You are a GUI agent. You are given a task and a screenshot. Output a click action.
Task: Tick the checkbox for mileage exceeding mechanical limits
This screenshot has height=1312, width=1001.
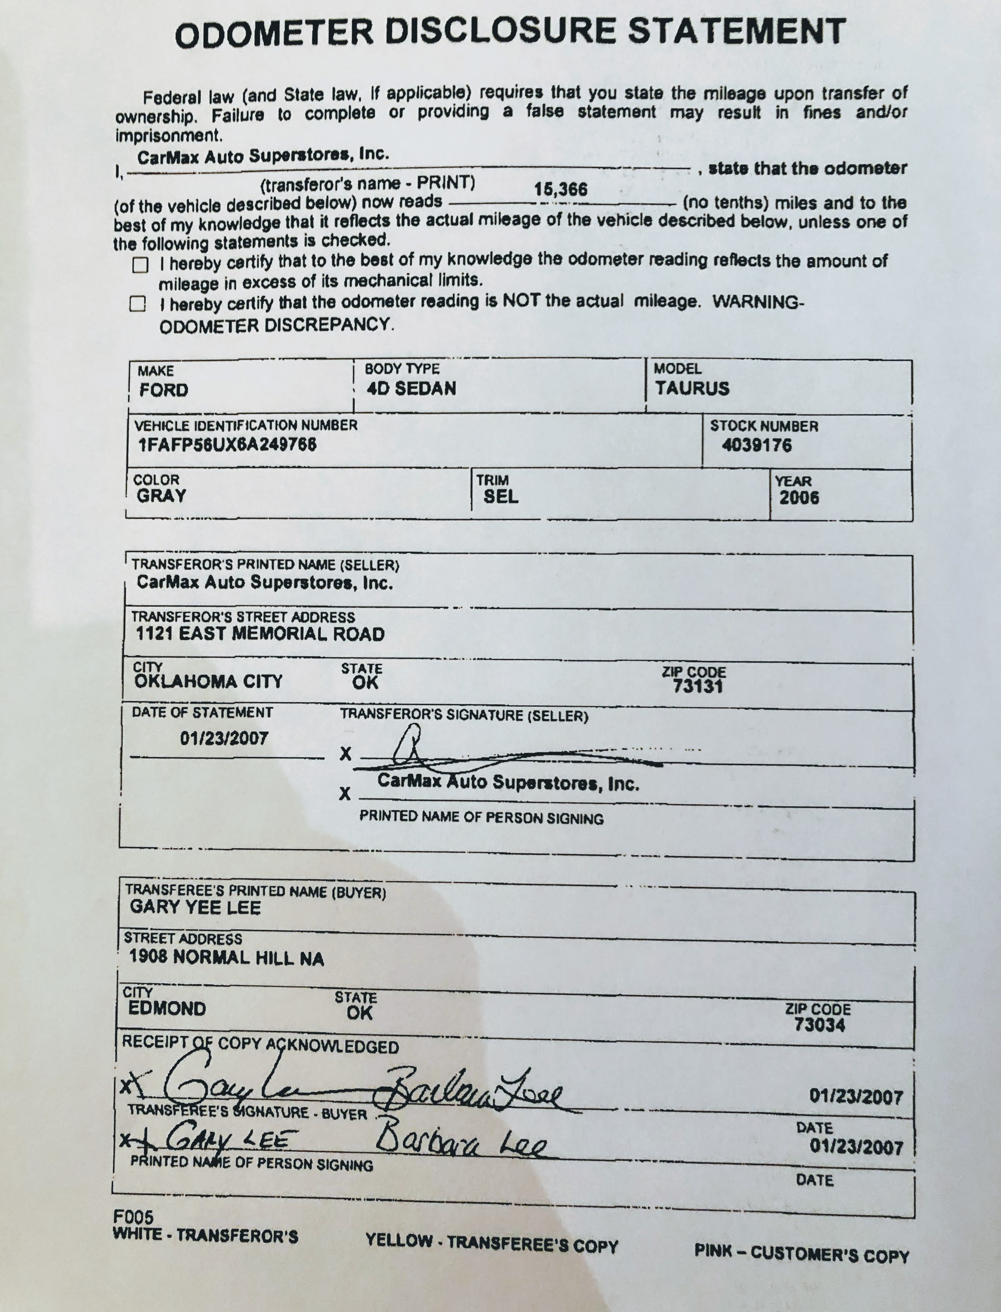140,264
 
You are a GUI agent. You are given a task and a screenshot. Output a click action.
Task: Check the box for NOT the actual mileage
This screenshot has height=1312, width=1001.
138,304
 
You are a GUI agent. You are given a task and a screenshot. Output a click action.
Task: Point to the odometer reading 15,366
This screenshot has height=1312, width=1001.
560,189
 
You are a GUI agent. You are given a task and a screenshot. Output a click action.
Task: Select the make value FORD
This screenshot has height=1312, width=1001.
164,390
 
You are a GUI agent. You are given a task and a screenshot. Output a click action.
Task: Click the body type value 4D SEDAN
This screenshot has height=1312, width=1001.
411,388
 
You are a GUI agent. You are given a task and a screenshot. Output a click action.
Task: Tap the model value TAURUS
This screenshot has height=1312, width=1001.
692,388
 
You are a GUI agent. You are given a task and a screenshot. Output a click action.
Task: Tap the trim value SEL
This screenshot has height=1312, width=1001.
500,496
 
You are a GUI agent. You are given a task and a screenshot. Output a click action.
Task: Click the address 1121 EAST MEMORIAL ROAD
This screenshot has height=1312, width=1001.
260,634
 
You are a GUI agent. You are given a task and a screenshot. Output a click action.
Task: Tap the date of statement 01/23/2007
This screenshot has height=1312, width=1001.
224,738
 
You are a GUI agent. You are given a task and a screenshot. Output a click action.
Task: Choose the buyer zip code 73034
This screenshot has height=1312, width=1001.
819,1024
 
